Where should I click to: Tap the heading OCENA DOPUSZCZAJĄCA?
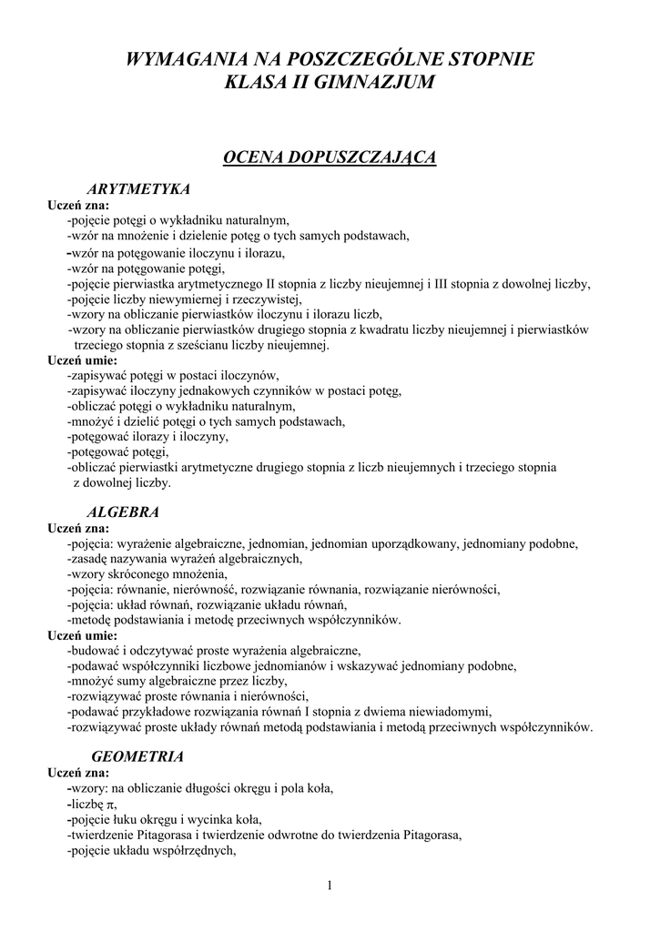330,158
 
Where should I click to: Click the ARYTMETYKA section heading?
137,189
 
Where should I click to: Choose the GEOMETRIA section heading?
138,756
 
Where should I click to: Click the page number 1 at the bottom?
330,886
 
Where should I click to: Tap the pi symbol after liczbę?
111,805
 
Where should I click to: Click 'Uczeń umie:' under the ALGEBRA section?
82,635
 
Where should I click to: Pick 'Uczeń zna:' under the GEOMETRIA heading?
79,773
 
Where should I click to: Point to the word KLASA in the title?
250,83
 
